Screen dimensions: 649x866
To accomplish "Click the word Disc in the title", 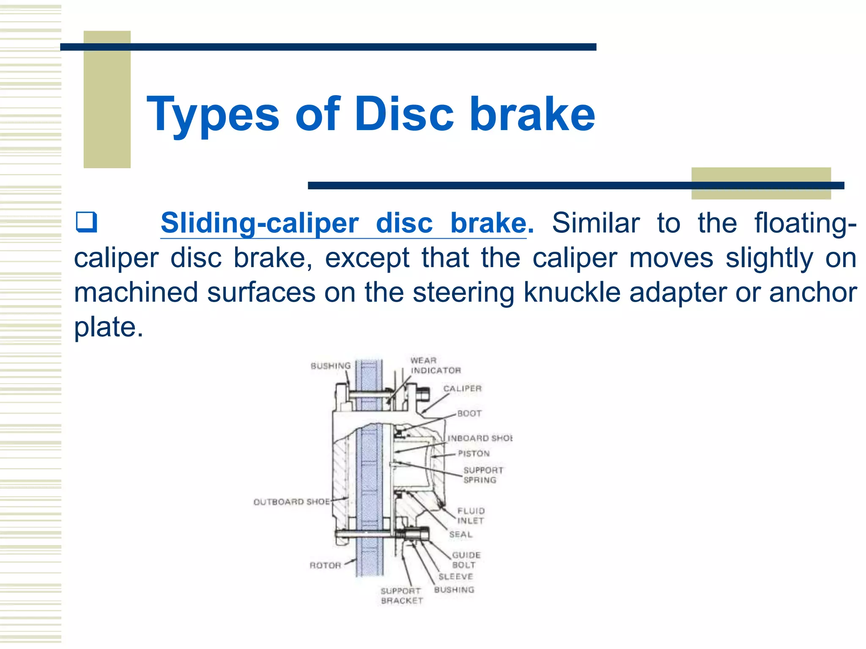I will pyautogui.click(x=404, y=114).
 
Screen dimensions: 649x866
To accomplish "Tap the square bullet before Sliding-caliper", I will pyautogui.click(x=86, y=223).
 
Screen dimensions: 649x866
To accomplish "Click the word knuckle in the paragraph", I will pyautogui.click(x=572, y=292).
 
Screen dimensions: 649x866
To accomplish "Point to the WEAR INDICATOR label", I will pyautogui.click(x=435, y=365).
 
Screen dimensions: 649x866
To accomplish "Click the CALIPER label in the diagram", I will pyautogui.click(x=462, y=389).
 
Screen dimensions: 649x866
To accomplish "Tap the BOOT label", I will pyautogui.click(x=469, y=414).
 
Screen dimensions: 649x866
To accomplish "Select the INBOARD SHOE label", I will pyautogui.click(x=480, y=438).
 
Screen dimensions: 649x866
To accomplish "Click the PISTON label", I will pyautogui.click(x=474, y=454).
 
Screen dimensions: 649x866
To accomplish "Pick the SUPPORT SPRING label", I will pyautogui.click(x=482, y=475).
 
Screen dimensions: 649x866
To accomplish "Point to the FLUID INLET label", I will pyautogui.click(x=471, y=516).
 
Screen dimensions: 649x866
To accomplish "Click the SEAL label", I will pyautogui.click(x=460, y=535).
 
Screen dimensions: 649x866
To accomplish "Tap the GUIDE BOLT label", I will pyautogui.click(x=466, y=560).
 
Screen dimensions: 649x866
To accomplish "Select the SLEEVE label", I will pyautogui.click(x=455, y=577).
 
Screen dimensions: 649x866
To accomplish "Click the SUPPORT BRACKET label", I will pyautogui.click(x=401, y=596).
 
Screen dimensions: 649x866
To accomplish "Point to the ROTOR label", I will pyautogui.click(x=325, y=565).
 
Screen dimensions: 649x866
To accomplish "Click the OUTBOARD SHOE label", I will pyautogui.click(x=291, y=502).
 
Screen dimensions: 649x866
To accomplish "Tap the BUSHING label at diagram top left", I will pyautogui.click(x=331, y=366).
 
